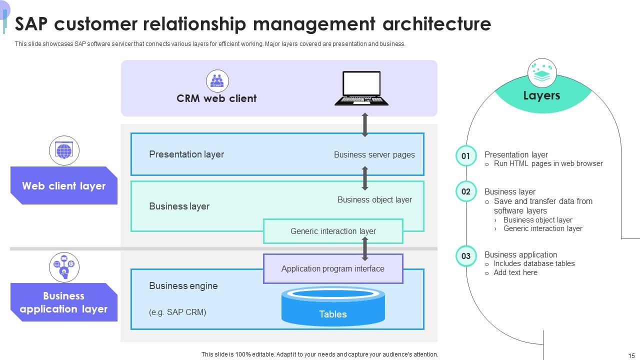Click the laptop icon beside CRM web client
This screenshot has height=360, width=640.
pos(361,88)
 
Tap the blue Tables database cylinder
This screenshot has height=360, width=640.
pos(333,306)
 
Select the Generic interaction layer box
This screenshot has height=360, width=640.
pos(333,231)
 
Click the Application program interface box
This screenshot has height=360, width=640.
pos(333,268)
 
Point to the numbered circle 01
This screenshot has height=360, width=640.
pos(466,156)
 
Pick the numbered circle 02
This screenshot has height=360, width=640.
pos(466,191)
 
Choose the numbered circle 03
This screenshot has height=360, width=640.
pos(466,256)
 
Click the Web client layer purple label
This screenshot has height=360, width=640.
pos(64,186)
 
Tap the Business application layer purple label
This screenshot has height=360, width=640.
pos(64,302)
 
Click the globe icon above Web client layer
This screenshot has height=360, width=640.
pos(64,150)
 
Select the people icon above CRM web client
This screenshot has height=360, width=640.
pos(217,81)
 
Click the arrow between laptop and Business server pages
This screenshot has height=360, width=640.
pos(365,125)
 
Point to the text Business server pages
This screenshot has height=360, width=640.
pos(374,154)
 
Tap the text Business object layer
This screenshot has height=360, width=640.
pos(374,199)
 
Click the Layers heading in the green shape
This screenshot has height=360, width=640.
pos(541,95)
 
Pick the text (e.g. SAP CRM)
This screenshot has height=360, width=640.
pos(177,312)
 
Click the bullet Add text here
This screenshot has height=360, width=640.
pos(515,272)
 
